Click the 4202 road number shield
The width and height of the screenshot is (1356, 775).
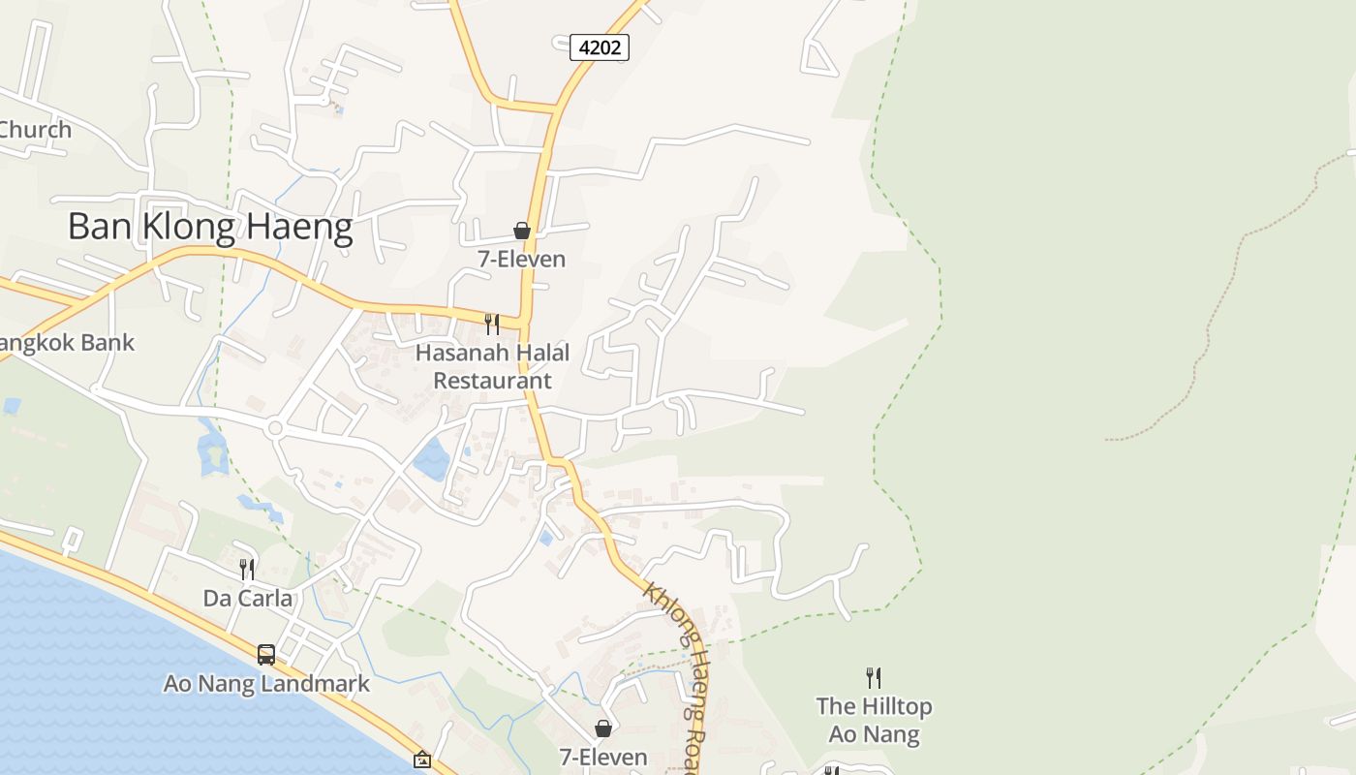click(x=600, y=46)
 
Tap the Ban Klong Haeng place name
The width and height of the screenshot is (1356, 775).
click(x=210, y=227)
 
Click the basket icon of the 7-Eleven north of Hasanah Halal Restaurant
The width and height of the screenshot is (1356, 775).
click(x=522, y=231)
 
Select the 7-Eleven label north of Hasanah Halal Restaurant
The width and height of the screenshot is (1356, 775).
click(x=522, y=260)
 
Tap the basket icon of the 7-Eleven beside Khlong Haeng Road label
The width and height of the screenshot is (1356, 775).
click(x=602, y=728)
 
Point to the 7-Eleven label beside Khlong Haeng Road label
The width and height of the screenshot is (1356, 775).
click(x=602, y=757)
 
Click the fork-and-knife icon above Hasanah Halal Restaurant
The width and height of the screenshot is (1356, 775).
click(x=492, y=324)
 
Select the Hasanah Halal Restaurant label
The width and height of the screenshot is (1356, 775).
click(x=492, y=366)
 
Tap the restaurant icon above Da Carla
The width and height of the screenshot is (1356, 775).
click(x=247, y=569)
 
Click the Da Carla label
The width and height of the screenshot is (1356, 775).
click(x=247, y=599)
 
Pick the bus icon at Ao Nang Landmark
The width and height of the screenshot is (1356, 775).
click(x=266, y=655)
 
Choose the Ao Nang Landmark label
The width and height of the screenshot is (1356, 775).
click(x=266, y=684)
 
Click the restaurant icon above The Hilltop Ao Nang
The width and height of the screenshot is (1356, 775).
click(x=874, y=677)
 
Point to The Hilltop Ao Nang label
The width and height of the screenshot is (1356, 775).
click(x=874, y=720)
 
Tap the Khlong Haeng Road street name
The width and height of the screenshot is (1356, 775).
click(x=678, y=668)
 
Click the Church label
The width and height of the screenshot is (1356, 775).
click(x=35, y=129)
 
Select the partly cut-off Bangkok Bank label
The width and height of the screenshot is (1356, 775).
click(x=66, y=342)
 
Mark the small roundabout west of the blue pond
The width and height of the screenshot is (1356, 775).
click(x=275, y=428)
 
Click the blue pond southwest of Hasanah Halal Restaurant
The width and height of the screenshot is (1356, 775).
click(x=432, y=458)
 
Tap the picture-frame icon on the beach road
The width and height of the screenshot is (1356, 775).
click(x=421, y=760)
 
